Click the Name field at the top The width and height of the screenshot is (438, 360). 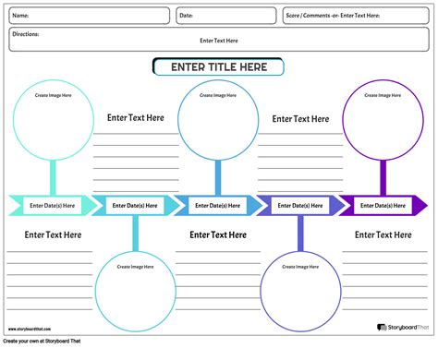(89, 16)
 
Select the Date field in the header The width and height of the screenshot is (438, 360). (225, 16)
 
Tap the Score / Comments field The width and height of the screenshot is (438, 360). (356, 16)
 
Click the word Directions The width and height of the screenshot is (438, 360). (25, 34)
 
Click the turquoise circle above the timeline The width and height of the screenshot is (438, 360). (52, 122)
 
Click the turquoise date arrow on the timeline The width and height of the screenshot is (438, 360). (50, 206)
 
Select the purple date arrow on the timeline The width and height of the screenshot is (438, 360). (383, 206)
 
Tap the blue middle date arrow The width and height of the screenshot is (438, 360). (218, 206)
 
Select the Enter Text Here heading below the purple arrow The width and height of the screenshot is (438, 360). (383, 234)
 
